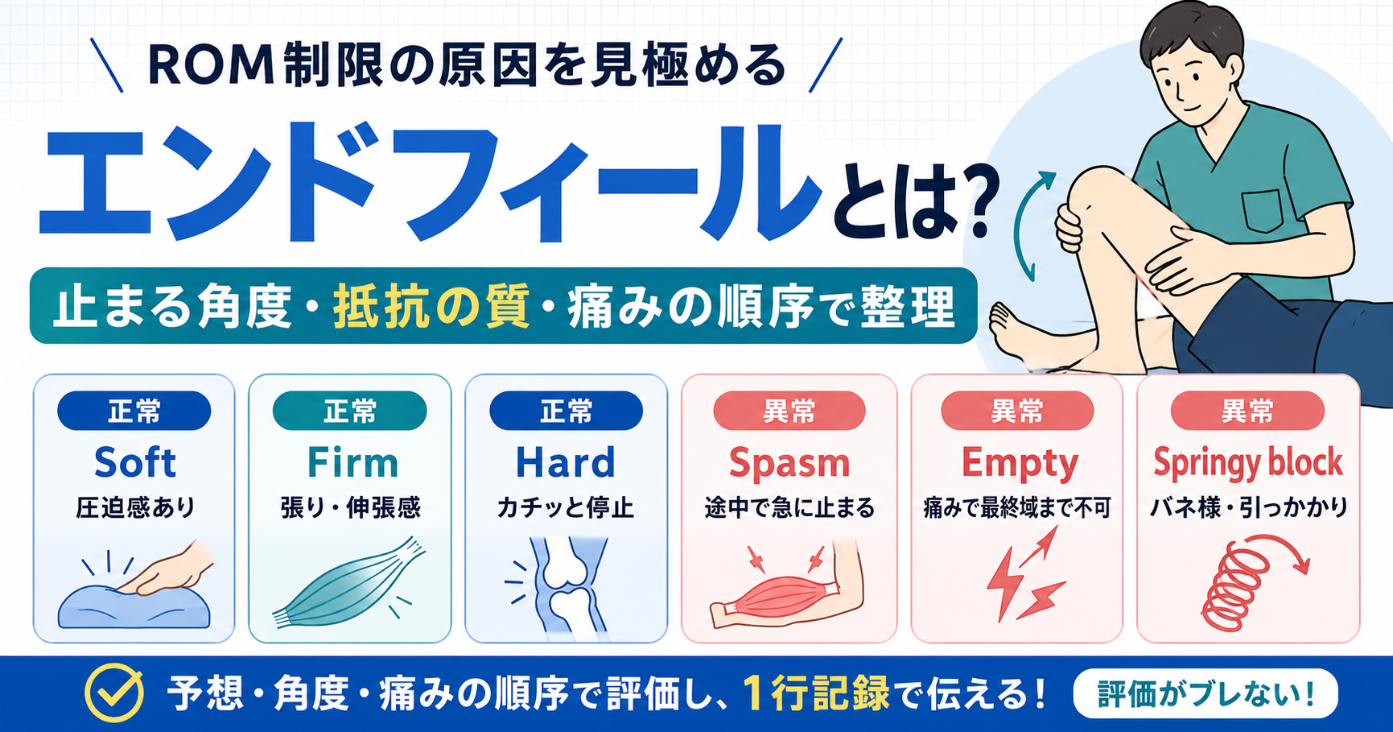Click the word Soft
(134, 462)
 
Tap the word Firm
(352, 463)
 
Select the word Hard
(565, 463)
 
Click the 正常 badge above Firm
(349, 411)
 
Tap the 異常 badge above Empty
(1017, 411)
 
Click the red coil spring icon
(1235, 586)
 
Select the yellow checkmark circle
(115, 693)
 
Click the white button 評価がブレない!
(1205, 693)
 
